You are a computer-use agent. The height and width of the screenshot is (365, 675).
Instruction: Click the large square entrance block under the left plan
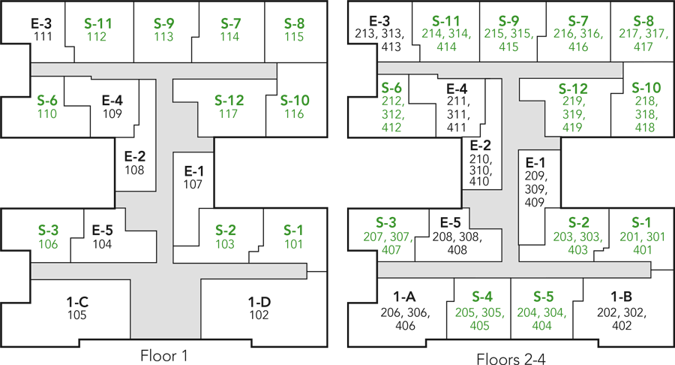165,308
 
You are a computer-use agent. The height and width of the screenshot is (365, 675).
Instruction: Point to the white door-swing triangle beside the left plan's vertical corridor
151,247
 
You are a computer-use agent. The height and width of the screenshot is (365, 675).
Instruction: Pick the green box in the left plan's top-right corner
292,27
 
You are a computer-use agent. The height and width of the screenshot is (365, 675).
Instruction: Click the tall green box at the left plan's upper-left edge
48,107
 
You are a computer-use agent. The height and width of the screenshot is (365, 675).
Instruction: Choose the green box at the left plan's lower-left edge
49,236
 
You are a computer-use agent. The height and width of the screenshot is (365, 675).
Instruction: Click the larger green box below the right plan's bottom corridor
541,309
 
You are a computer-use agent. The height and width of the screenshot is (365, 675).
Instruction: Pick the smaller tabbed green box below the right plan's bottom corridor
483,311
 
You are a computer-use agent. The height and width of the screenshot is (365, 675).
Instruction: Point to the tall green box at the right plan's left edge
393,106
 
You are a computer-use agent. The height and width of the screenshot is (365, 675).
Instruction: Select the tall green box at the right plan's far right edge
647,104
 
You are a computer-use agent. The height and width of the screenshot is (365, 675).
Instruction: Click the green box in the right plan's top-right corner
642,31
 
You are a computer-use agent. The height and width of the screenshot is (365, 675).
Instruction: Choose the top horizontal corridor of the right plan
500,68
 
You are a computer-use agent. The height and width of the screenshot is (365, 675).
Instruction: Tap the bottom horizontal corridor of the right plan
514,269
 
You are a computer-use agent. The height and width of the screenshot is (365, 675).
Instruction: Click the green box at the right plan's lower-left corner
385,229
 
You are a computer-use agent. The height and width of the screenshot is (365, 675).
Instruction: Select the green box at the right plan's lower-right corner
641,236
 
